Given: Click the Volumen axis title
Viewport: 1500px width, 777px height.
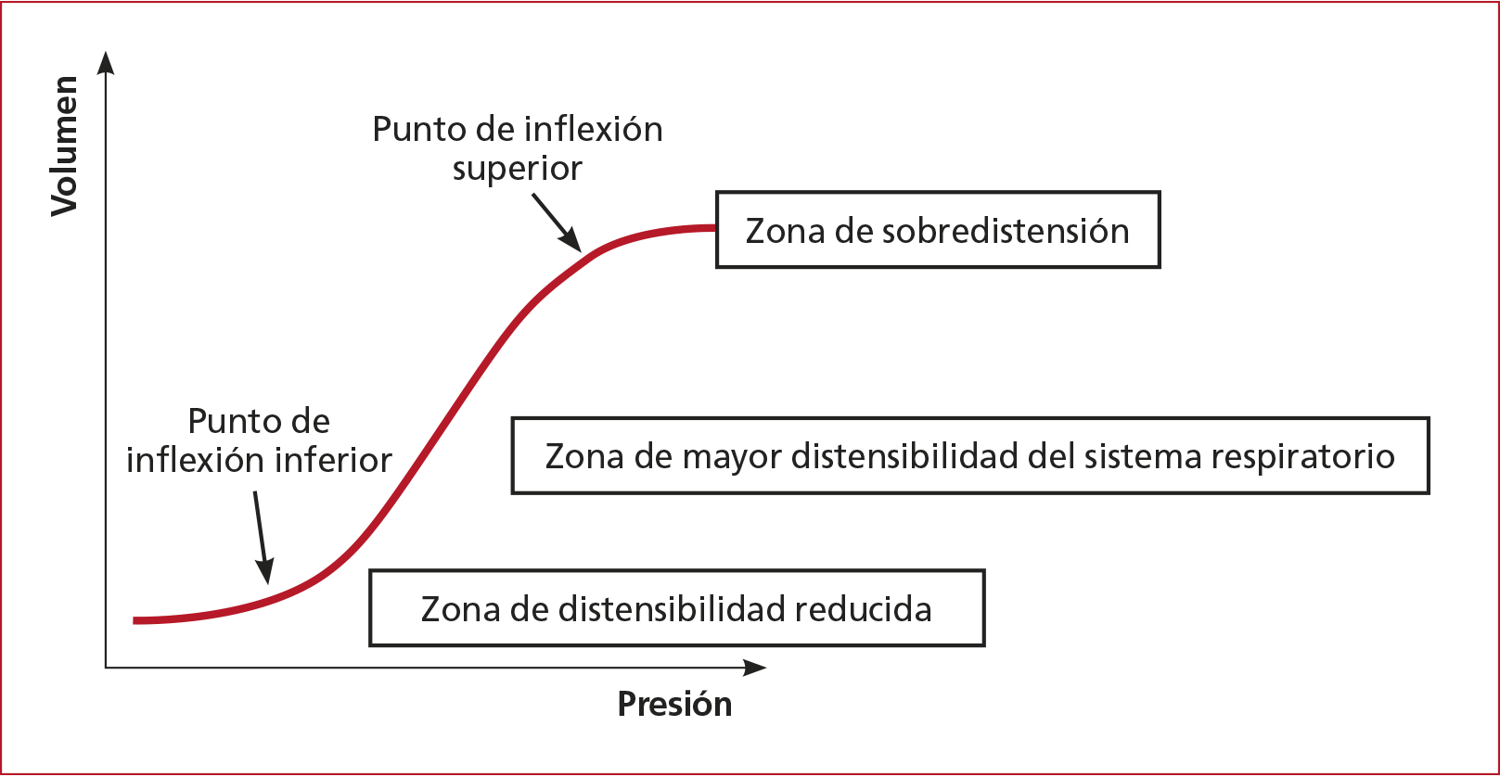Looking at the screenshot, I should pos(64,146).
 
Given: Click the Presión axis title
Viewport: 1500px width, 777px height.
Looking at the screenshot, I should pos(674,704).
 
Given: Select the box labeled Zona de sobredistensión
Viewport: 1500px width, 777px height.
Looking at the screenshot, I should pos(937,230).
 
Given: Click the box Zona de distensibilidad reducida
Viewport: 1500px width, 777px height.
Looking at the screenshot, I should pos(676,608).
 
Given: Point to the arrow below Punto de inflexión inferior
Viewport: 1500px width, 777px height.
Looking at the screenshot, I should pos(262,538).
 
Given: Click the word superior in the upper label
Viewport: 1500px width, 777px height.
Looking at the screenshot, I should pos(517,169).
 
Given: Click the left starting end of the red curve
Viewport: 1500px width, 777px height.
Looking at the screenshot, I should pos(136,619).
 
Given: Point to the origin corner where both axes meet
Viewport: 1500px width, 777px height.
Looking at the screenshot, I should pos(107,667).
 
